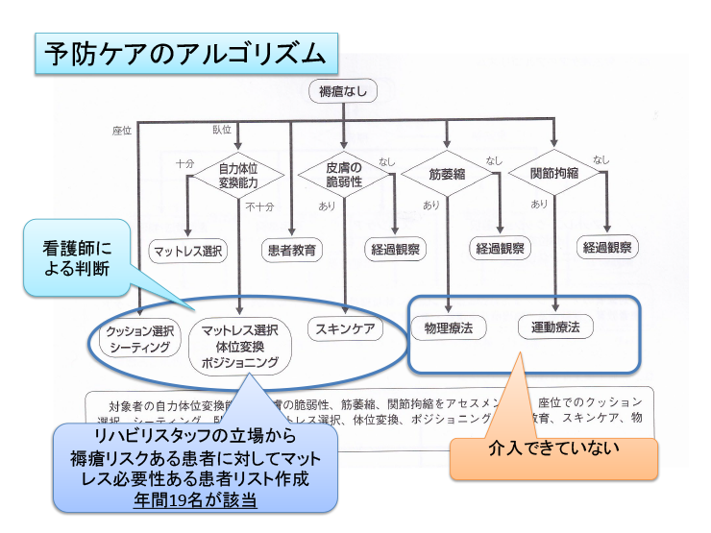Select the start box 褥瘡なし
[x=342, y=91]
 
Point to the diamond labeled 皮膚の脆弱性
[x=344, y=174]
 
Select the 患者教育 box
[x=291, y=250]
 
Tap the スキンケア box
[x=345, y=328]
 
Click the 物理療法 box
[x=449, y=327]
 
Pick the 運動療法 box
[x=555, y=327]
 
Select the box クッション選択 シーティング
[x=140, y=338]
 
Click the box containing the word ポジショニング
[x=240, y=346]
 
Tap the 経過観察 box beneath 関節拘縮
[x=608, y=247]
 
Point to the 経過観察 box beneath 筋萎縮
[x=501, y=249]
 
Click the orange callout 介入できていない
[x=553, y=448]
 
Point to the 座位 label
[x=122, y=130]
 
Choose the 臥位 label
[x=222, y=130]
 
